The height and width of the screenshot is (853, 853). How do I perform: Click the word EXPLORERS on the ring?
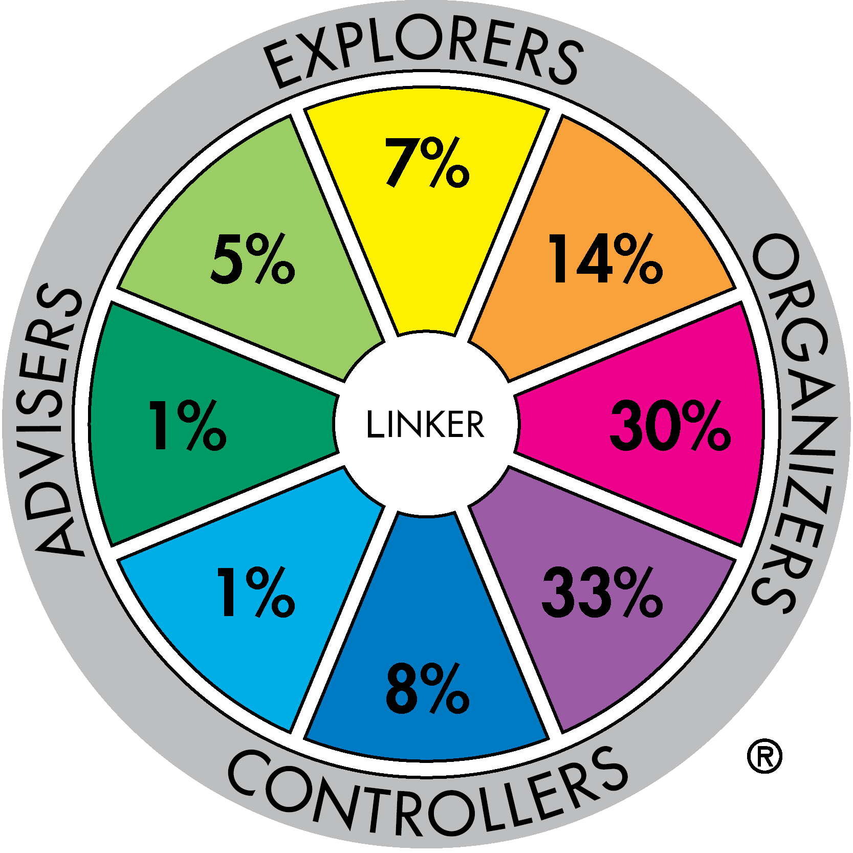point(424,56)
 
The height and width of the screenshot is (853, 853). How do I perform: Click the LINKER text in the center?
point(425,424)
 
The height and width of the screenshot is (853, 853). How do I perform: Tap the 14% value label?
point(606,258)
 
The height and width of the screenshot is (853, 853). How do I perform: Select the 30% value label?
point(670,425)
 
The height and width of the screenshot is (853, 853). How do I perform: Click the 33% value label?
point(603,592)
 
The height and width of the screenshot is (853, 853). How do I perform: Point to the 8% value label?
point(427,688)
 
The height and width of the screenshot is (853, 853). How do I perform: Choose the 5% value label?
point(253,258)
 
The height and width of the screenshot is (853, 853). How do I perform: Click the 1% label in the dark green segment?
point(187,425)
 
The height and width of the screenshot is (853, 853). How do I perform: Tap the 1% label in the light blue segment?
point(256,592)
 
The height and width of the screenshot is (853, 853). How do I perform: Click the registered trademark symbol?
point(764,756)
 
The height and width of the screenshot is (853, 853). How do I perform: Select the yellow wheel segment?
point(427,205)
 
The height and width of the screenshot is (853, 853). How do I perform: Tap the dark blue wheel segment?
point(427,645)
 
